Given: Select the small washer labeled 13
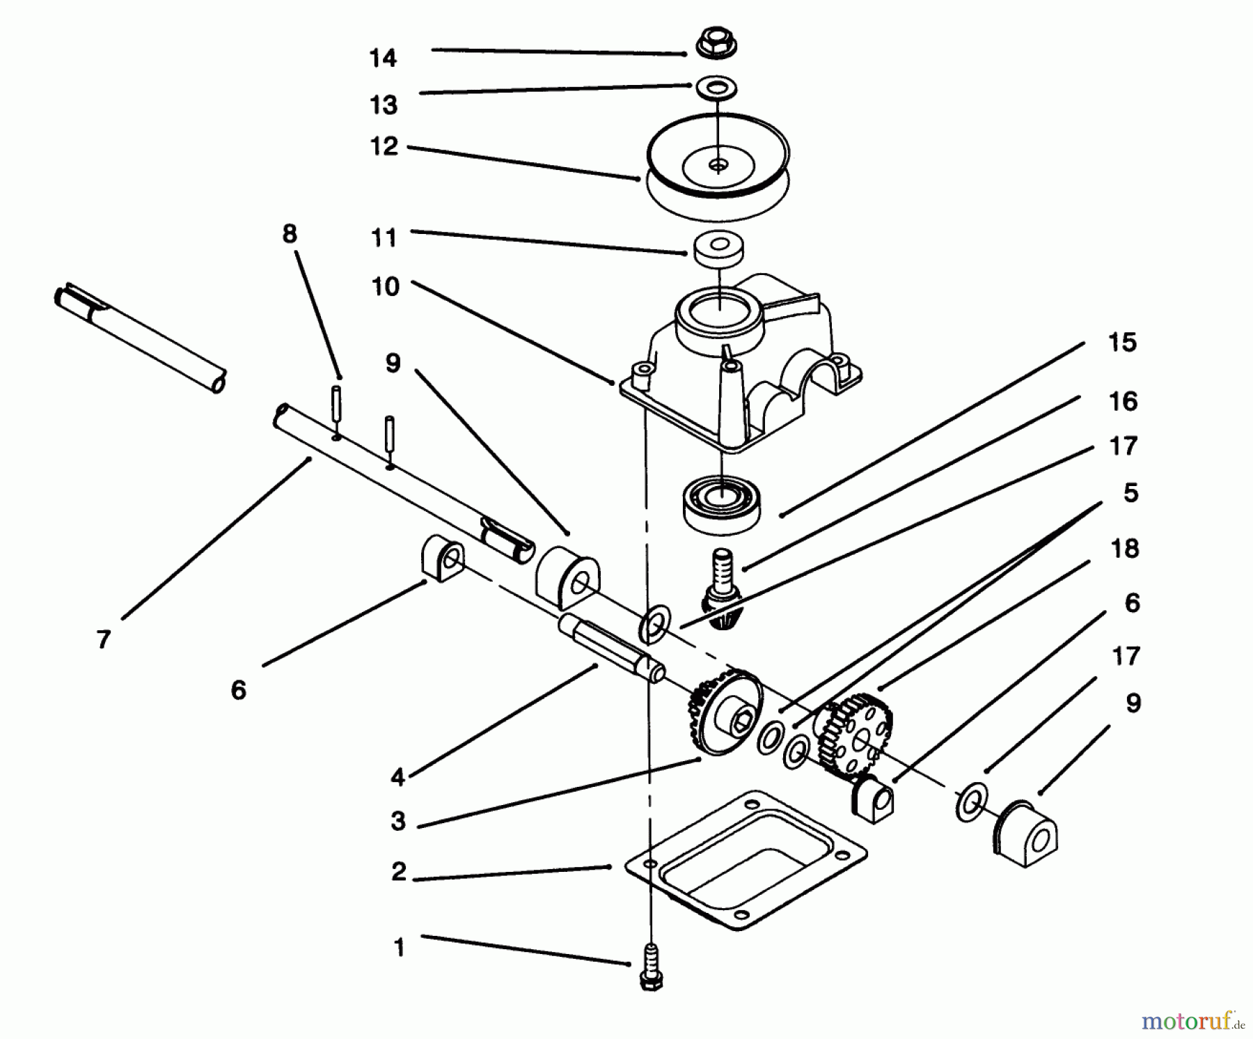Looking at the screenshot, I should (x=717, y=88).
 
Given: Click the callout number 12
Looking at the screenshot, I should (x=384, y=146).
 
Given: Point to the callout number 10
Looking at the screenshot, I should (x=386, y=287).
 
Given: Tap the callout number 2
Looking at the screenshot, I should (x=398, y=871).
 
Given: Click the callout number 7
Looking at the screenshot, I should (x=104, y=639).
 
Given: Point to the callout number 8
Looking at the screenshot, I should (x=290, y=234).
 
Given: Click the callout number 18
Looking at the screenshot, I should (x=1125, y=549).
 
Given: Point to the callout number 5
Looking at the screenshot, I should (x=1130, y=493).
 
